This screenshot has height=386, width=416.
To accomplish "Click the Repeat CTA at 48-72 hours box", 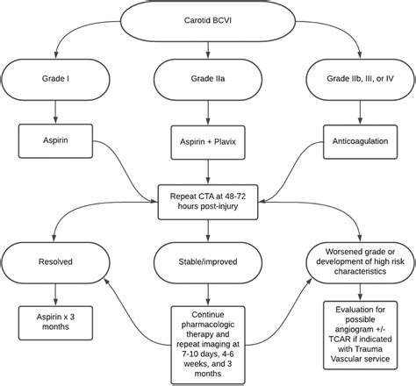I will coord(208,198).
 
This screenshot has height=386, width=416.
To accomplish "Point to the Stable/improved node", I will coord(208,261).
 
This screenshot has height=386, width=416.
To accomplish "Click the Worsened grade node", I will coord(361,261).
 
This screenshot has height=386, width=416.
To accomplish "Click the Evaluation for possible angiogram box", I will coord(361,337).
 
